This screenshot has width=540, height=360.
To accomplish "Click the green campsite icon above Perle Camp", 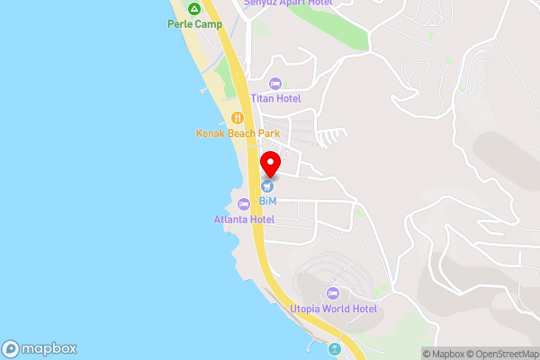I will pos(193,8).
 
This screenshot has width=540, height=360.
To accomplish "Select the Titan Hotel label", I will pos(275,98).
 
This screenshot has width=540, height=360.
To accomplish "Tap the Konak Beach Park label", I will pos(238,133).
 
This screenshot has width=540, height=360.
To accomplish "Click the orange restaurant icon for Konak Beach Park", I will pos(238,117).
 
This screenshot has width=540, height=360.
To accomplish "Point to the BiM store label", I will pos(267,201).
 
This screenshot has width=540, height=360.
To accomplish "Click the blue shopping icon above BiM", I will pos(267,186).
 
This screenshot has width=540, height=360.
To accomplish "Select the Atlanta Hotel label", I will pos(243,219).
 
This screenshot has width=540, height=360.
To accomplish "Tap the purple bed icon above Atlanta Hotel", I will pos(243,204).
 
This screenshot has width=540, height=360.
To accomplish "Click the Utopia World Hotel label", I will pos(332,309).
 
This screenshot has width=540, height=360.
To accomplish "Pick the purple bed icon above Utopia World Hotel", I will pos(332,293).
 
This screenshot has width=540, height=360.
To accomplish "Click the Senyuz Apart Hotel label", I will pos(288,3).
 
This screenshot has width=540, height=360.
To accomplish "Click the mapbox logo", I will pos(40,349).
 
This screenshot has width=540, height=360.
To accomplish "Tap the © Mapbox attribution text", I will pos(442,354).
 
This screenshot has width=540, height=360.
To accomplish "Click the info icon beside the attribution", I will pos(416,354).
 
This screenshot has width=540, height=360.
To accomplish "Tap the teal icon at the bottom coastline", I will pos(335,349).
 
